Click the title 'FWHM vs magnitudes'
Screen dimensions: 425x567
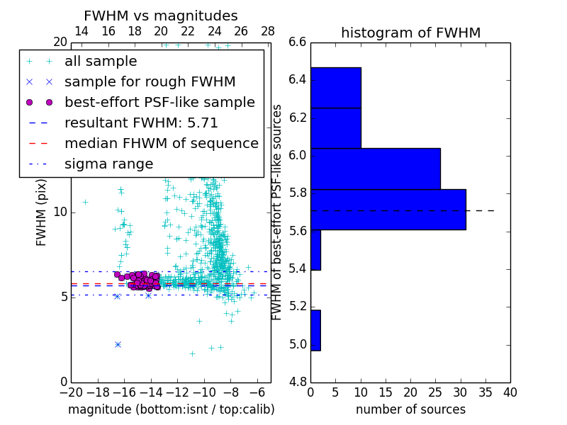[x=161, y=16]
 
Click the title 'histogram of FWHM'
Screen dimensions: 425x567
[x=410, y=33]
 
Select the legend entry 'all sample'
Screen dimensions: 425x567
[x=101, y=62]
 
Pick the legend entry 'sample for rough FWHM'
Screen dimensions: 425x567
[x=150, y=82]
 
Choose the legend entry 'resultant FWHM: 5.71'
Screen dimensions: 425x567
[x=141, y=123]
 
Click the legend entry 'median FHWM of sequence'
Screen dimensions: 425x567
[x=161, y=144]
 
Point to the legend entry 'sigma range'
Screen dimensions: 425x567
[x=108, y=164]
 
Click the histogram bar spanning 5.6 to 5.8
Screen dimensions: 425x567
[x=388, y=210]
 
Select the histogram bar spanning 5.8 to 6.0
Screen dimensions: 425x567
[x=375, y=169]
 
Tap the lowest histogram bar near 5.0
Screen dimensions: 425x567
[x=315, y=330]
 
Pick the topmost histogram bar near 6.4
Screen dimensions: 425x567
[x=335, y=88]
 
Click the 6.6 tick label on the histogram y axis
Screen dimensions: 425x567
[x=298, y=42]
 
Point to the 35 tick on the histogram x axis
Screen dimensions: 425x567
[x=485, y=392]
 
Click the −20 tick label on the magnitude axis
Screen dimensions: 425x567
[x=71, y=392]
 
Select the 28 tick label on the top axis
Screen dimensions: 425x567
[x=268, y=31]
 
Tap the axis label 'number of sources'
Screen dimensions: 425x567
[x=410, y=409]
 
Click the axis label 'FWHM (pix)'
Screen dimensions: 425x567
[x=42, y=212]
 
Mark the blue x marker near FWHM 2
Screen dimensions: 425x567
[x=118, y=344]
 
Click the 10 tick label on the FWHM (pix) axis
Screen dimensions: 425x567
[x=60, y=212]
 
